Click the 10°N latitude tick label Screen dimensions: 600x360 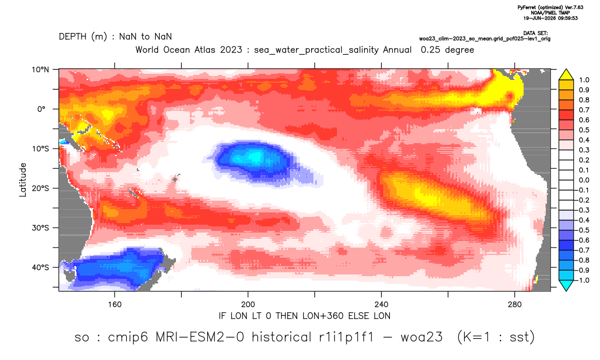pos(40,69)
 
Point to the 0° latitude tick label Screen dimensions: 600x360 pos(42,109)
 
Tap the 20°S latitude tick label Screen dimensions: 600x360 pos(40,188)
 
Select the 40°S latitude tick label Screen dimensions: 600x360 pos(40,267)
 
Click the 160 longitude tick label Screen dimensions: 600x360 pos(115,305)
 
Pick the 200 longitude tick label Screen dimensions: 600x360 pos(248,305)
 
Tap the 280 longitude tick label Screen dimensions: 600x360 pos(515,305)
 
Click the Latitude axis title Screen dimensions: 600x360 pos(23,180)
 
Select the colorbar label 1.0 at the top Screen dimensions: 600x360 pos(584,80)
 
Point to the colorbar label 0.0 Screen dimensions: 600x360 pos(584,180)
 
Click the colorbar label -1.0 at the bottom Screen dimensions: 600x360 pos(583,280)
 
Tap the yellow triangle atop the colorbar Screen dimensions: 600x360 pos(566,75)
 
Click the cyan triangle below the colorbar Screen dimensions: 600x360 pos(566,285)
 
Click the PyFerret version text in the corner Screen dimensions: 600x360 pos(550,7)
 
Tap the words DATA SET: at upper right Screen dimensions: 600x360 pos(535,34)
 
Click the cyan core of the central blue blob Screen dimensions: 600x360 pos(251,157)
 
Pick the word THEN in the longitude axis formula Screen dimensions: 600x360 pos(287,316)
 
